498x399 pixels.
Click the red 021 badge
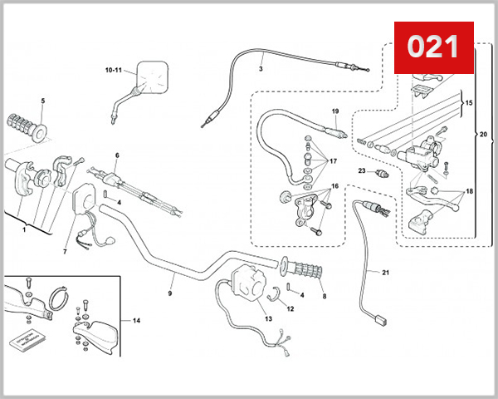click(432, 47)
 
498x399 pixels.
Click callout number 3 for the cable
click(260, 69)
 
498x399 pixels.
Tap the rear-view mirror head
click(153, 75)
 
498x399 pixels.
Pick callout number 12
click(290, 308)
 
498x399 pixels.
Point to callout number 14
click(137, 319)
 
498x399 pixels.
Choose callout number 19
click(335, 111)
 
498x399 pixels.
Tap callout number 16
click(335, 186)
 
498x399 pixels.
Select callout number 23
click(362, 170)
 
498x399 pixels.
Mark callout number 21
click(385, 272)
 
